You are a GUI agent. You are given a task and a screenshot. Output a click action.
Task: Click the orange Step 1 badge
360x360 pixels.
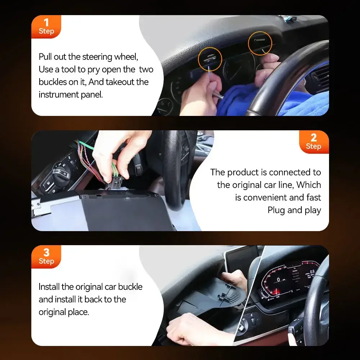pos(46,27)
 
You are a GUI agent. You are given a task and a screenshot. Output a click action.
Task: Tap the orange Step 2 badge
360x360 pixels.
pos(314,142)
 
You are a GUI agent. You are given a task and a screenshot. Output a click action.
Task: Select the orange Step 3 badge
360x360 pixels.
pos(46,257)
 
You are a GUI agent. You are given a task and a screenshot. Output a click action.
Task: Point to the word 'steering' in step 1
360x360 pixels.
pos(98,57)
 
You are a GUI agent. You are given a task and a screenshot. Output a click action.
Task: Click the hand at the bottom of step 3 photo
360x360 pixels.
pos(191,329)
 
